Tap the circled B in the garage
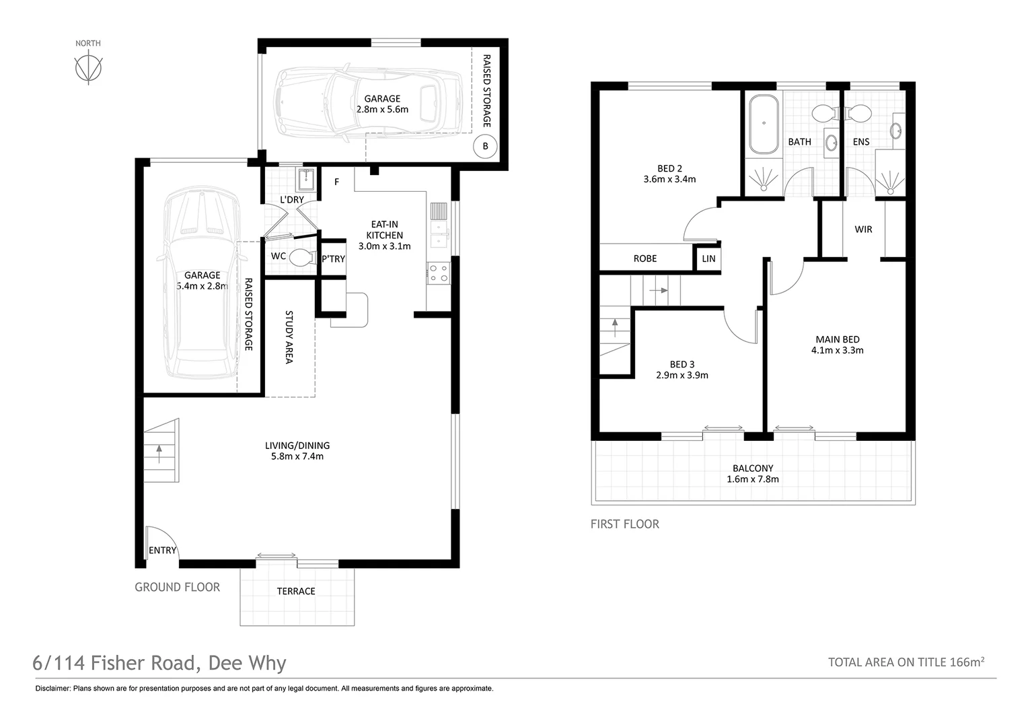(485, 147)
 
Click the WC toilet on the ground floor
(303, 258)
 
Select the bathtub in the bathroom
(764, 124)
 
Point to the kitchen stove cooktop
(438, 273)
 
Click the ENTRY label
(162, 550)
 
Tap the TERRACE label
(296, 591)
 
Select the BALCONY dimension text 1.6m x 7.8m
(753, 479)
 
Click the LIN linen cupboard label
(708, 258)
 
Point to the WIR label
(863, 229)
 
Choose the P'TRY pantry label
(333, 259)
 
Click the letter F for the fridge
(336, 182)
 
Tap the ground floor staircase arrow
(159, 454)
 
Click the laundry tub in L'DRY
(306, 180)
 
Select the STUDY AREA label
(289, 337)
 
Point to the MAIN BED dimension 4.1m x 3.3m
(837, 351)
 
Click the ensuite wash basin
(896, 131)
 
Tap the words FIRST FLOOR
(624, 524)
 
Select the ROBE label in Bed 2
(645, 258)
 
